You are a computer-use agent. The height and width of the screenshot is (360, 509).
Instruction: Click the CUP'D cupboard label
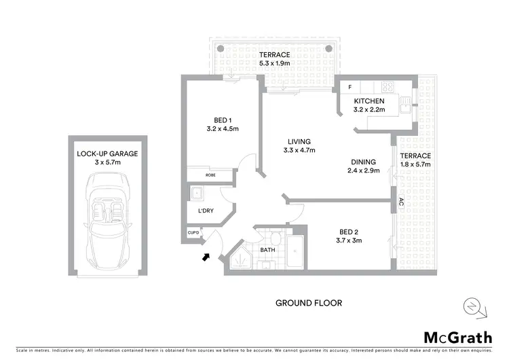193,234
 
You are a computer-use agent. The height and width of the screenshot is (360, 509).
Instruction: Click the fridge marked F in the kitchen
350,87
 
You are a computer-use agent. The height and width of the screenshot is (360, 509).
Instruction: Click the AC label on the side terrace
401,202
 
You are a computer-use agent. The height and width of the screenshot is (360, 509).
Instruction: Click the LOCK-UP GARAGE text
107,154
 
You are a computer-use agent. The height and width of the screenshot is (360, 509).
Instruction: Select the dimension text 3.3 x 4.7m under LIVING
299,150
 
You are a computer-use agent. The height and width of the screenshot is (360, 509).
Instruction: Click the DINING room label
366,162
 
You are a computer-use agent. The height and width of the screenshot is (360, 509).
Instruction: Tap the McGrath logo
457,338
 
